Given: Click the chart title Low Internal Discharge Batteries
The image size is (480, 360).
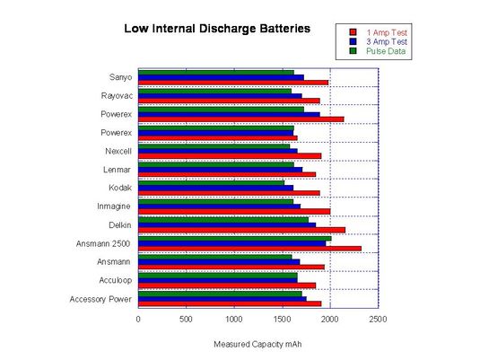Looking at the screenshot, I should pyautogui.click(x=216, y=29).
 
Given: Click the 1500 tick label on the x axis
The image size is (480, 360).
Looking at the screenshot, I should pyautogui.click(x=283, y=318).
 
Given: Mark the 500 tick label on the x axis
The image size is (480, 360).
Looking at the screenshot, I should pyautogui.click(x=187, y=318).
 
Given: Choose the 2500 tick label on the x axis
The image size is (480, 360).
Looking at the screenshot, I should pyautogui.click(x=378, y=318).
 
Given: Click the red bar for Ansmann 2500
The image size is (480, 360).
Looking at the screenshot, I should pyautogui.click(x=249, y=248).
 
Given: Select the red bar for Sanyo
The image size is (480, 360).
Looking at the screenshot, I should pyautogui.click(x=233, y=83).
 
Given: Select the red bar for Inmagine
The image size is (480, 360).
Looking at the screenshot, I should pyautogui.click(x=234, y=211).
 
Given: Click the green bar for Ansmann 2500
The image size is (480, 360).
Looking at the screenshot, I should pyautogui.click(x=234, y=238).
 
